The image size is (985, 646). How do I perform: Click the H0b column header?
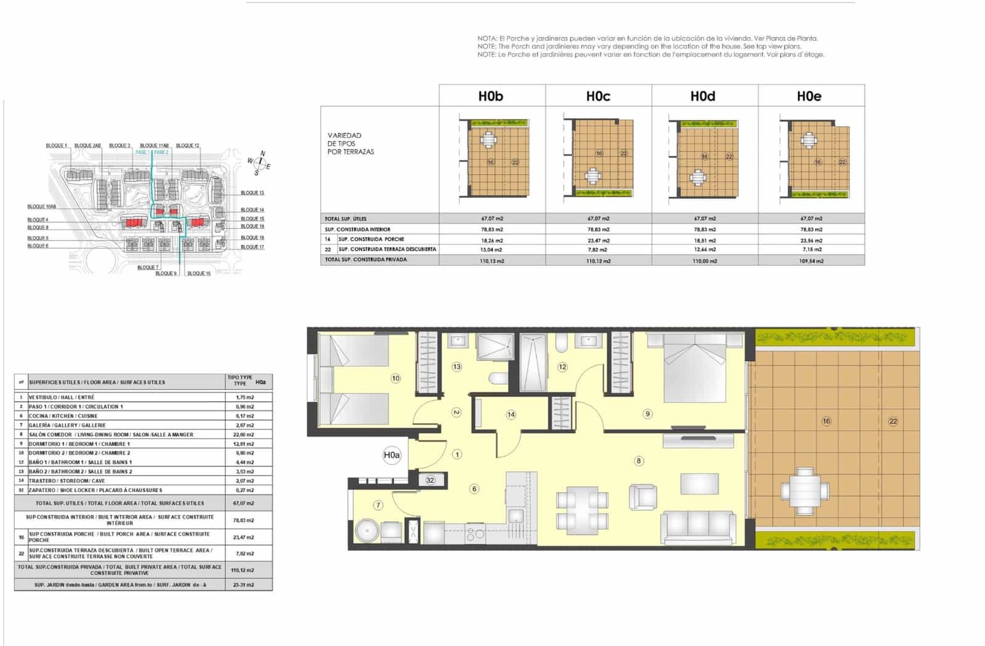(491, 96)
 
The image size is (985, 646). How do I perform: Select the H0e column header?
(809, 96)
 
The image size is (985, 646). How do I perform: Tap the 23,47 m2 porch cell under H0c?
(598, 240)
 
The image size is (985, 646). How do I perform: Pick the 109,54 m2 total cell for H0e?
(811, 261)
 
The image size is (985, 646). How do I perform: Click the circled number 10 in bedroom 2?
(395, 378)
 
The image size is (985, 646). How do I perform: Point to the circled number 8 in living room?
(639, 460)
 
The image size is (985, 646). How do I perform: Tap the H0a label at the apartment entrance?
(392, 455)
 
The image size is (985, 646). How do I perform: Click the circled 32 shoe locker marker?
(430, 480)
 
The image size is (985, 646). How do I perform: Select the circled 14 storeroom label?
(511, 414)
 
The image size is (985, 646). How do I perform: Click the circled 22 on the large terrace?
(893, 421)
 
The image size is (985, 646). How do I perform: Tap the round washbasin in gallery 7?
(368, 531)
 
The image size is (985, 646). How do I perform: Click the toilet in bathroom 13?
(497, 377)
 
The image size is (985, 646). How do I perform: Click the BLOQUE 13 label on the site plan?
(252, 193)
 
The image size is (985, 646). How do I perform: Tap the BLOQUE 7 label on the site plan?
(148, 268)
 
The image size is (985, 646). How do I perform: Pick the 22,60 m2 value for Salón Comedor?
(244, 434)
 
